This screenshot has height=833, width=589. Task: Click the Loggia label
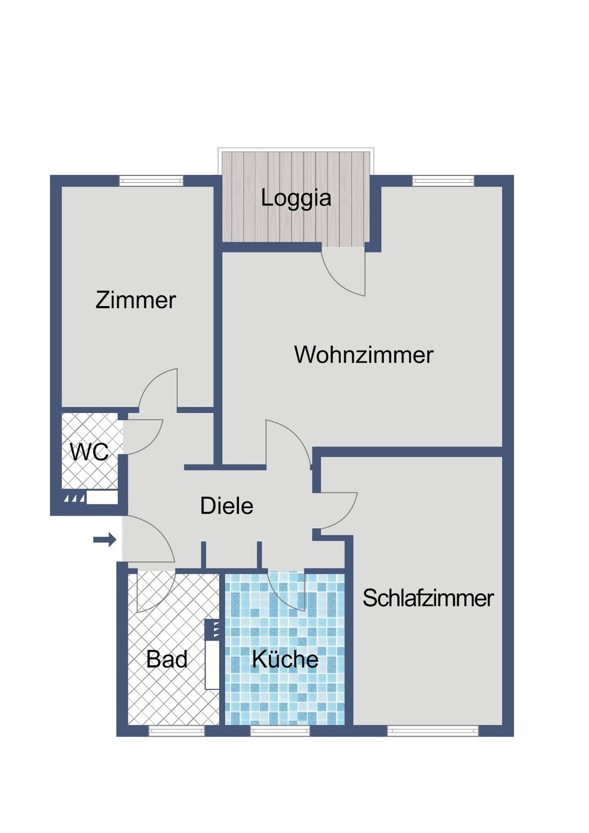[296, 198]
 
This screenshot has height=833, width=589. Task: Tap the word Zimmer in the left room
[135, 300]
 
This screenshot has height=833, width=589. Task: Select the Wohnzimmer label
[363, 355]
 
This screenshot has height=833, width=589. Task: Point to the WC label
[89, 452]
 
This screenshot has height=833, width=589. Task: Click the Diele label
[227, 506]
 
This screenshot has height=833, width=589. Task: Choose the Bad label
[167, 659]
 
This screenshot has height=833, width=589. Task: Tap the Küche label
[285, 659]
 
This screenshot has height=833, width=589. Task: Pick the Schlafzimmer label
[428, 598]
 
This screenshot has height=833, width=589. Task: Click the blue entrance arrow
[105, 539]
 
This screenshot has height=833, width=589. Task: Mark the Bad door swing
[154, 592]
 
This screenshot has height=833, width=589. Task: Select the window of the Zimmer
[151, 181]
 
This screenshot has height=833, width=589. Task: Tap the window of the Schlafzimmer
[433, 731]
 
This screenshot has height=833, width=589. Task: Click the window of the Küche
[280, 731]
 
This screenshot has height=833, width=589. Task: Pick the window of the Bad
[176, 731]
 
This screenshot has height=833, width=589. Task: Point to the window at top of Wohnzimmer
[443, 181]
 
